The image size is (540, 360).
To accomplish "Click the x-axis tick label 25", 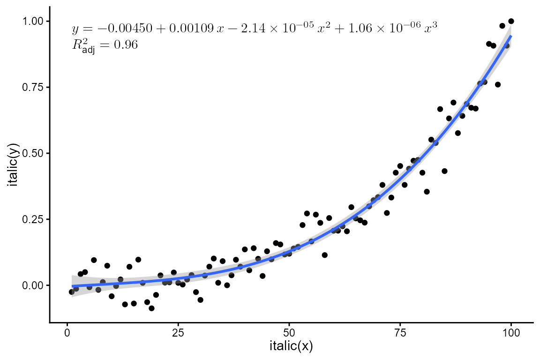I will click(178, 333).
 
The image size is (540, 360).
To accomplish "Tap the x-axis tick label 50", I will click(289, 333).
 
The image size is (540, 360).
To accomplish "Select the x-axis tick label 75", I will click(400, 333).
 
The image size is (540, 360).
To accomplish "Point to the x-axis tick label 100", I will click(511, 333).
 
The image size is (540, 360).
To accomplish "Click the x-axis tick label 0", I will click(67, 333).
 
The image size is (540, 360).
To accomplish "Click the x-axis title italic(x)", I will click(291, 347).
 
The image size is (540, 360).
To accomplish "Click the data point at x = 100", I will click(511, 21).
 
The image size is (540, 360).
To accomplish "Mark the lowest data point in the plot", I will click(151, 308).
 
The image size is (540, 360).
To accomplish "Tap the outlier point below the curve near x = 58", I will click(324, 255).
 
